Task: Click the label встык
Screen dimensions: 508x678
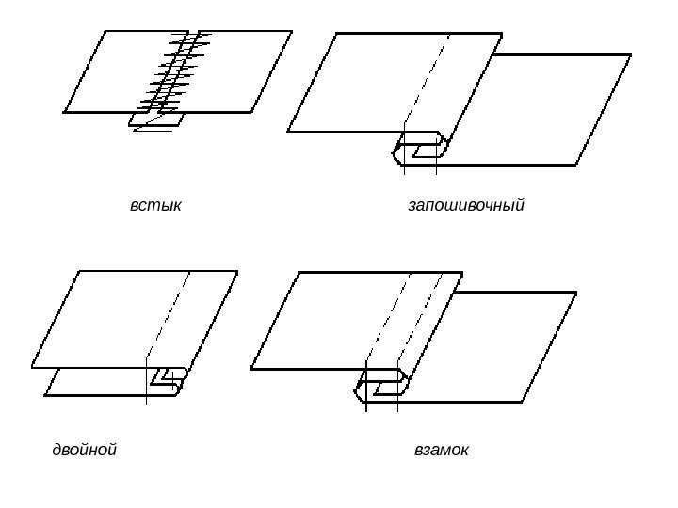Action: coord(155,204)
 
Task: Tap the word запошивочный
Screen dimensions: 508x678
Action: coord(465,204)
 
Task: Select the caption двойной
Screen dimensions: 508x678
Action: coord(84,451)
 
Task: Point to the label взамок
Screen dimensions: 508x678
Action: coord(442,451)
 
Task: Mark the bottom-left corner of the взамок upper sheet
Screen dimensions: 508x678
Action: coord(252,366)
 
